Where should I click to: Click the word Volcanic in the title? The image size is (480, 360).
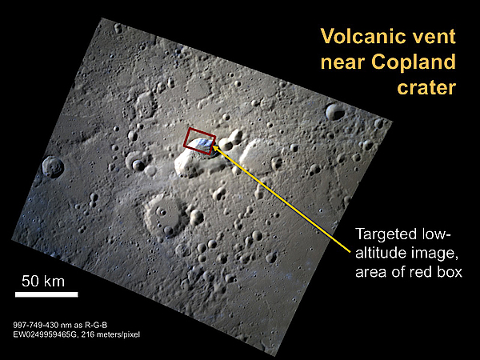pyautogui.click(x=361, y=36)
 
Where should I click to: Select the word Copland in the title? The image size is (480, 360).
pyautogui.click(x=414, y=62)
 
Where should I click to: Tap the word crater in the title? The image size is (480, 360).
pyautogui.click(x=426, y=88)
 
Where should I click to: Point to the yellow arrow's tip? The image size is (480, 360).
pyautogui.click(x=213, y=146)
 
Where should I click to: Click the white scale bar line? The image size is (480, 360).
pyautogui.click(x=46, y=294)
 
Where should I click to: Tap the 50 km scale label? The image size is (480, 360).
pyautogui.click(x=43, y=282)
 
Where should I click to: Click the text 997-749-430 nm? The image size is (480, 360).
pyautogui.click(x=39, y=325)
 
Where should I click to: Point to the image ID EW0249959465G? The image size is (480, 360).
pyautogui.click(x=42, y=334)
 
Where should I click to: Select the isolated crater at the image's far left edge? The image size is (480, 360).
pyautogui.click(x=53, y=166)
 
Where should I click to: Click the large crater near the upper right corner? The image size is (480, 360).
pyautogui.click(x=335, y=112)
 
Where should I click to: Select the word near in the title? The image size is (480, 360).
pyautogui.click(x=343, y=62)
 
